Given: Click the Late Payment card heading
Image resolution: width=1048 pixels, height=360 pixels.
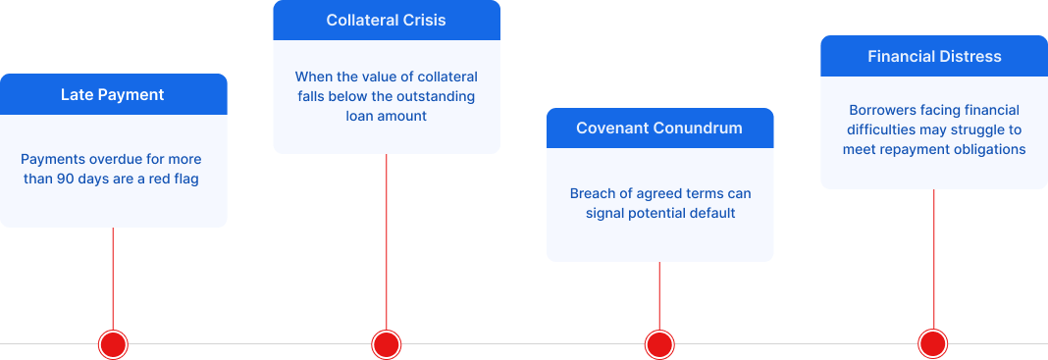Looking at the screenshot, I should [x=113, y=95].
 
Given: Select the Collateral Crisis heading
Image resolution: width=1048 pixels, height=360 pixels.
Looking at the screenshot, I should [x=386, y=21].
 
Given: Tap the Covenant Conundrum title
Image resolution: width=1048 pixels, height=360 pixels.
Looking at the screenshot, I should [x=659, y=129].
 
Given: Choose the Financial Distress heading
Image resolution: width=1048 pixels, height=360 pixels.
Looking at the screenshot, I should [x=934, y=56].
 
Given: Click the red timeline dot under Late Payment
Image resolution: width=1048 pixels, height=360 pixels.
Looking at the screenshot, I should [x=114, y=344].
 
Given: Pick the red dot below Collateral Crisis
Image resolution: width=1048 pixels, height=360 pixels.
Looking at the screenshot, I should [x=387, y=344].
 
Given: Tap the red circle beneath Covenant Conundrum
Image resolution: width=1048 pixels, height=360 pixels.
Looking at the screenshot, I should [x=659, y=344].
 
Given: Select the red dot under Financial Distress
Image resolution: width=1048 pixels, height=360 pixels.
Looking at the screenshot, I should [x=932, y=344].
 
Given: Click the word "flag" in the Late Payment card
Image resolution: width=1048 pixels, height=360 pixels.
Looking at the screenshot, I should [x=184, y=180].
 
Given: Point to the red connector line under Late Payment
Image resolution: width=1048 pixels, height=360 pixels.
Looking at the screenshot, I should [x=113, y=280].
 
